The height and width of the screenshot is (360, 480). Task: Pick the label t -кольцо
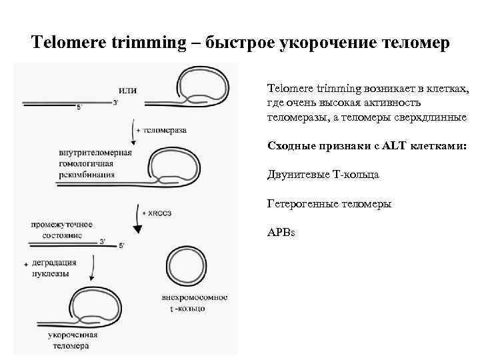pos(189,309)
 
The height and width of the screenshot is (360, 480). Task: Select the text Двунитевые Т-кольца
pos(323,174)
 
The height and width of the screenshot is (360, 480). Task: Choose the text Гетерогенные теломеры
pos(329,203)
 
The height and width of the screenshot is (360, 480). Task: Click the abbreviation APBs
pos(281,233)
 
